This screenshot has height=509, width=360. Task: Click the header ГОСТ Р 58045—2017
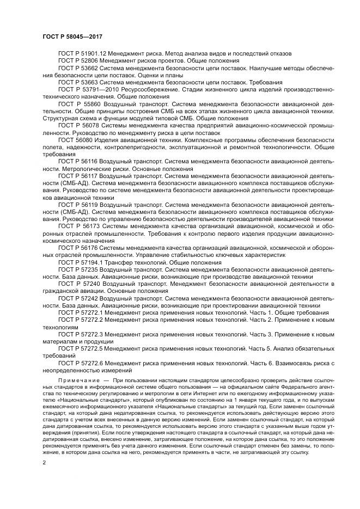(72, 36)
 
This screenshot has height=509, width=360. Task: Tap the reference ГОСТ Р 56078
(78, 125)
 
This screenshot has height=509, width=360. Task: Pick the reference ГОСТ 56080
(76, 139)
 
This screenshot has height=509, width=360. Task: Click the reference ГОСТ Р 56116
(78, 161)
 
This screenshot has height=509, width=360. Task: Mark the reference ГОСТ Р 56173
(78, 225)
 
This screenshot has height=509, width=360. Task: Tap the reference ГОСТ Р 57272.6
(81, 362)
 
